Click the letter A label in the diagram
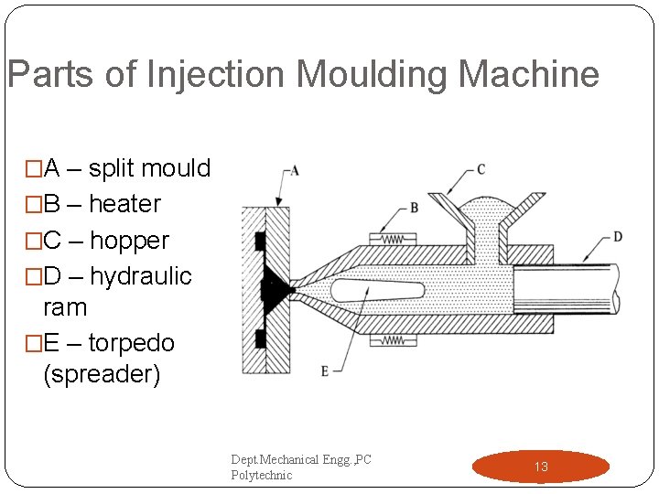[x=294, y=170]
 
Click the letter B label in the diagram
[x=414, y=208]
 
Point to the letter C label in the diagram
[x=481, y=169]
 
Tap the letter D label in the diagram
[x=618, y=237]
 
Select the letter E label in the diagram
[x=324, y=371]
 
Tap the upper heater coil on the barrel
[x=392, y=239]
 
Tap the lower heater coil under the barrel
[x=392, y=340]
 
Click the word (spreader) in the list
[x=102, y=375]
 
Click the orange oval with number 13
[x=540, y=467]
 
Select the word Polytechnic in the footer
[x=261, y=476]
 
